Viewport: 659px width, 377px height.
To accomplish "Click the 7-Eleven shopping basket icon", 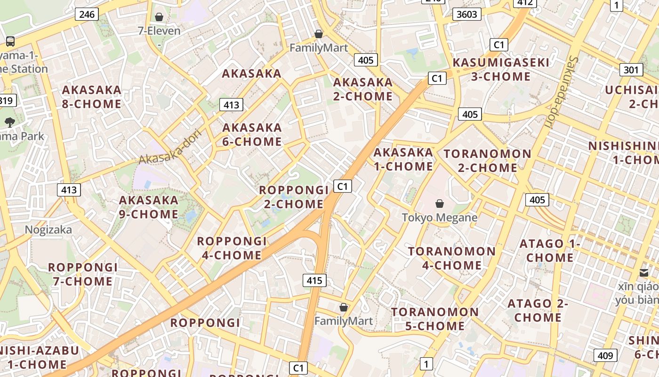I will click(x=159, y=17).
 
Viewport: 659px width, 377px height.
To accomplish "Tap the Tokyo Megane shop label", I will click(x=440, y=217).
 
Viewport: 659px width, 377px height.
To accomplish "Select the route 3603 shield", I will click(x=467, y=14).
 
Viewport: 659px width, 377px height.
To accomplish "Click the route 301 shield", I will click(x=631, y=70).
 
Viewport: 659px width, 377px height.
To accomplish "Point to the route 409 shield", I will click(x=605, y=355).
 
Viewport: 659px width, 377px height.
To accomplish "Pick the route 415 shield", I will click(x=314, y=281).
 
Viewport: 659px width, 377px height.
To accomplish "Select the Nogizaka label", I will click(x=48, y=229).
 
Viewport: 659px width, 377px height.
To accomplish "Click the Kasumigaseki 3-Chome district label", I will click(x=501, y=69).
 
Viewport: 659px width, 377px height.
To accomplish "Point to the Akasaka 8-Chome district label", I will click(x=92, y=97).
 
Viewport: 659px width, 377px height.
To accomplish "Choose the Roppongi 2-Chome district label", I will click(x=294, y=197).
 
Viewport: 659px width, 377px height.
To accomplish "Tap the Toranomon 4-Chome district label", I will click(x=452, y=258).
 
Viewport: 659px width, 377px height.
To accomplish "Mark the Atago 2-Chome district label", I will click(x=538, y=311).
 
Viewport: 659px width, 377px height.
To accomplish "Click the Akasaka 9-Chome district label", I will click(x=149, y=207).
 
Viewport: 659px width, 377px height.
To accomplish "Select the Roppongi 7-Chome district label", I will click(x=83, y=274).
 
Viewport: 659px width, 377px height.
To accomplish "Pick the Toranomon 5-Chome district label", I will click(x=435, y=319).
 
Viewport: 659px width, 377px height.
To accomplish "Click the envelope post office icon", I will click(x=644, y=272).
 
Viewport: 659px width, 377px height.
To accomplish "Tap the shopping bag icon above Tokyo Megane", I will click(x=439, y=204).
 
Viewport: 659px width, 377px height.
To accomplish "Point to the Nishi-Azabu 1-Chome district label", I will click(x=38, y=357).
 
